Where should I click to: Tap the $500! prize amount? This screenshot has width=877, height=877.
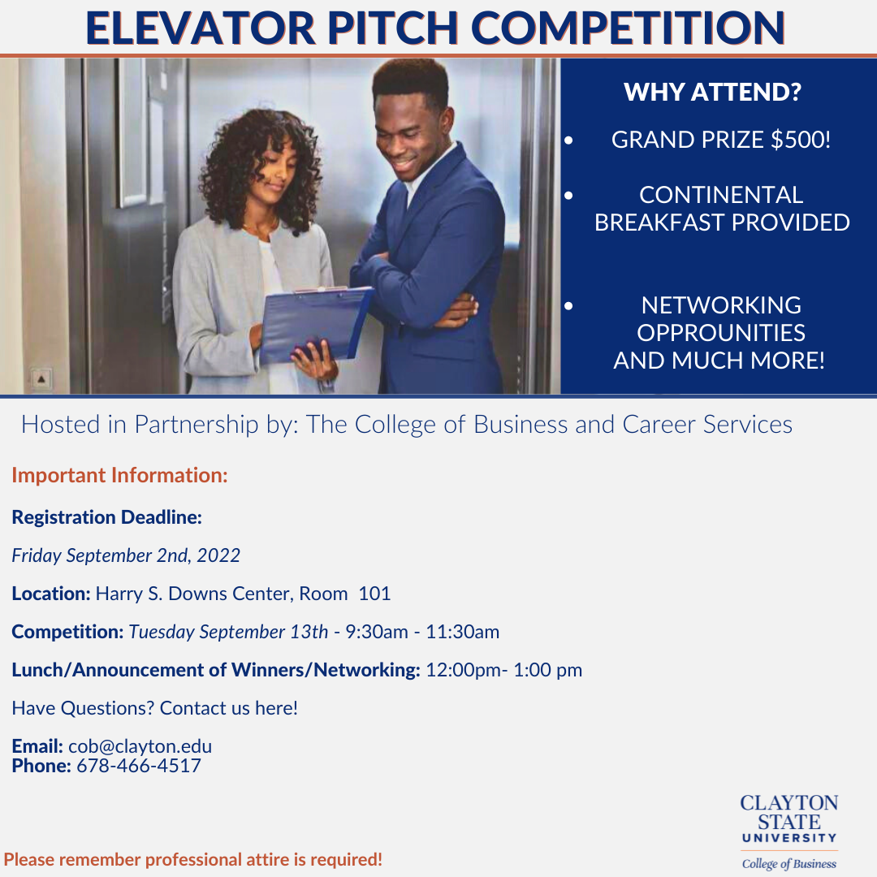tap(801, 140)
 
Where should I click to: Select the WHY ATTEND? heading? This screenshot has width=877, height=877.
tap(713, 93)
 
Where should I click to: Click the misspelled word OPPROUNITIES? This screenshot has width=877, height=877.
tap(721, 333)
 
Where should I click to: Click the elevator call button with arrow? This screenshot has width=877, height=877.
tap(41, 379)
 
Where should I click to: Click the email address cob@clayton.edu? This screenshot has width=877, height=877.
tap(140, 746)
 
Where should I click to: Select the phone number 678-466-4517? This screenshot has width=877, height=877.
tap(139, 766)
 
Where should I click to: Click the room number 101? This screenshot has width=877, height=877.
tap(374, 594)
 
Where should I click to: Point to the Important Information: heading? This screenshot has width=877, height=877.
tap(119, 475)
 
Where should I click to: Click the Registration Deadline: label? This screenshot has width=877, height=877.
tap(107, 517)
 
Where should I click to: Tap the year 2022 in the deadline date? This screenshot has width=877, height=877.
tap(218, 555)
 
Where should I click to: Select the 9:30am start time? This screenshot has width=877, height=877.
tap(377, 632)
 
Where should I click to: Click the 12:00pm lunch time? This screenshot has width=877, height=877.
tap(464, 670)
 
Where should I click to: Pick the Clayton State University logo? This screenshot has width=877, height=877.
tap(789, 832)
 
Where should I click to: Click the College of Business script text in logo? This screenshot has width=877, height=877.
tap(789, 863)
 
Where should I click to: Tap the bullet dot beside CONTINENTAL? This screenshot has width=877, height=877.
tap(568, 196)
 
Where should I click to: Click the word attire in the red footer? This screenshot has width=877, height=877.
tap(270, 860)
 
